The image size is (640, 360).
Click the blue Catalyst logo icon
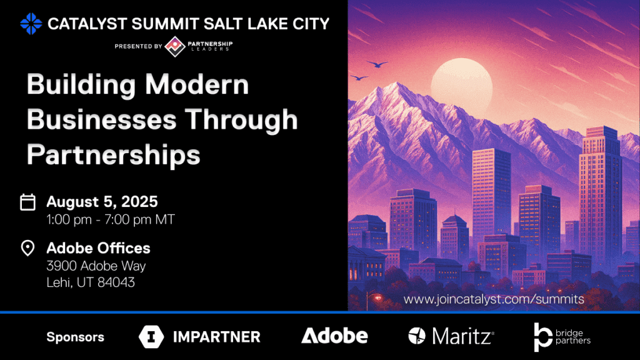tap(31, 24)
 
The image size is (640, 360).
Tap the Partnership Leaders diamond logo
tap(175, 46)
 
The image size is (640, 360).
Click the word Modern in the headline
tap(197, 84)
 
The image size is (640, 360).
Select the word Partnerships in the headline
tap(114, 155)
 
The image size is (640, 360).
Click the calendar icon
tap(27, 202)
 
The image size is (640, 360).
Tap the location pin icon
tap(27, 247)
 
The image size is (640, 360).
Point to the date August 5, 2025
tap(102, 202)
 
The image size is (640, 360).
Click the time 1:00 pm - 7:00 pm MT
tap(111, 219)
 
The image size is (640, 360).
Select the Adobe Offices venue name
tap(98, 247)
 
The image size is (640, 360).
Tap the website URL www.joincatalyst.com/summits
tap(494, 299)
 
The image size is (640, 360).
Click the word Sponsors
tap(76, 337)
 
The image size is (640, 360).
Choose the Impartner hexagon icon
tap(151, 337)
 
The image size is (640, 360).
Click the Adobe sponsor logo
tap(335, 336)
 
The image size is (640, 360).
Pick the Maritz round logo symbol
tap(417, 336)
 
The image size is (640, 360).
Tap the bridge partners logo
tap(562, 337)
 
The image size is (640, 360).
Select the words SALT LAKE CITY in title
tap(266, 24)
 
